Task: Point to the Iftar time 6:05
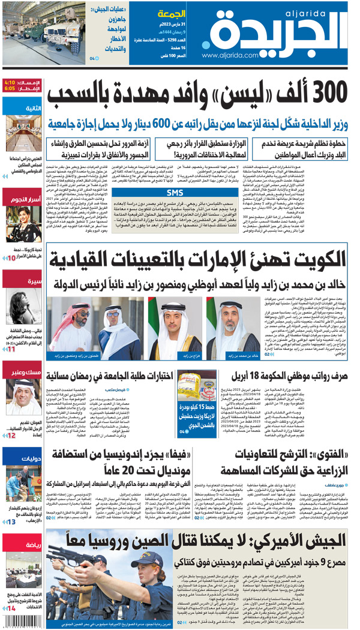tap(9, 88)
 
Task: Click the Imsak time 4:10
tap(9, 82)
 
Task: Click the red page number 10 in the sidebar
tap(11, 258)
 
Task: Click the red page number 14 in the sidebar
tap(11, 609)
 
